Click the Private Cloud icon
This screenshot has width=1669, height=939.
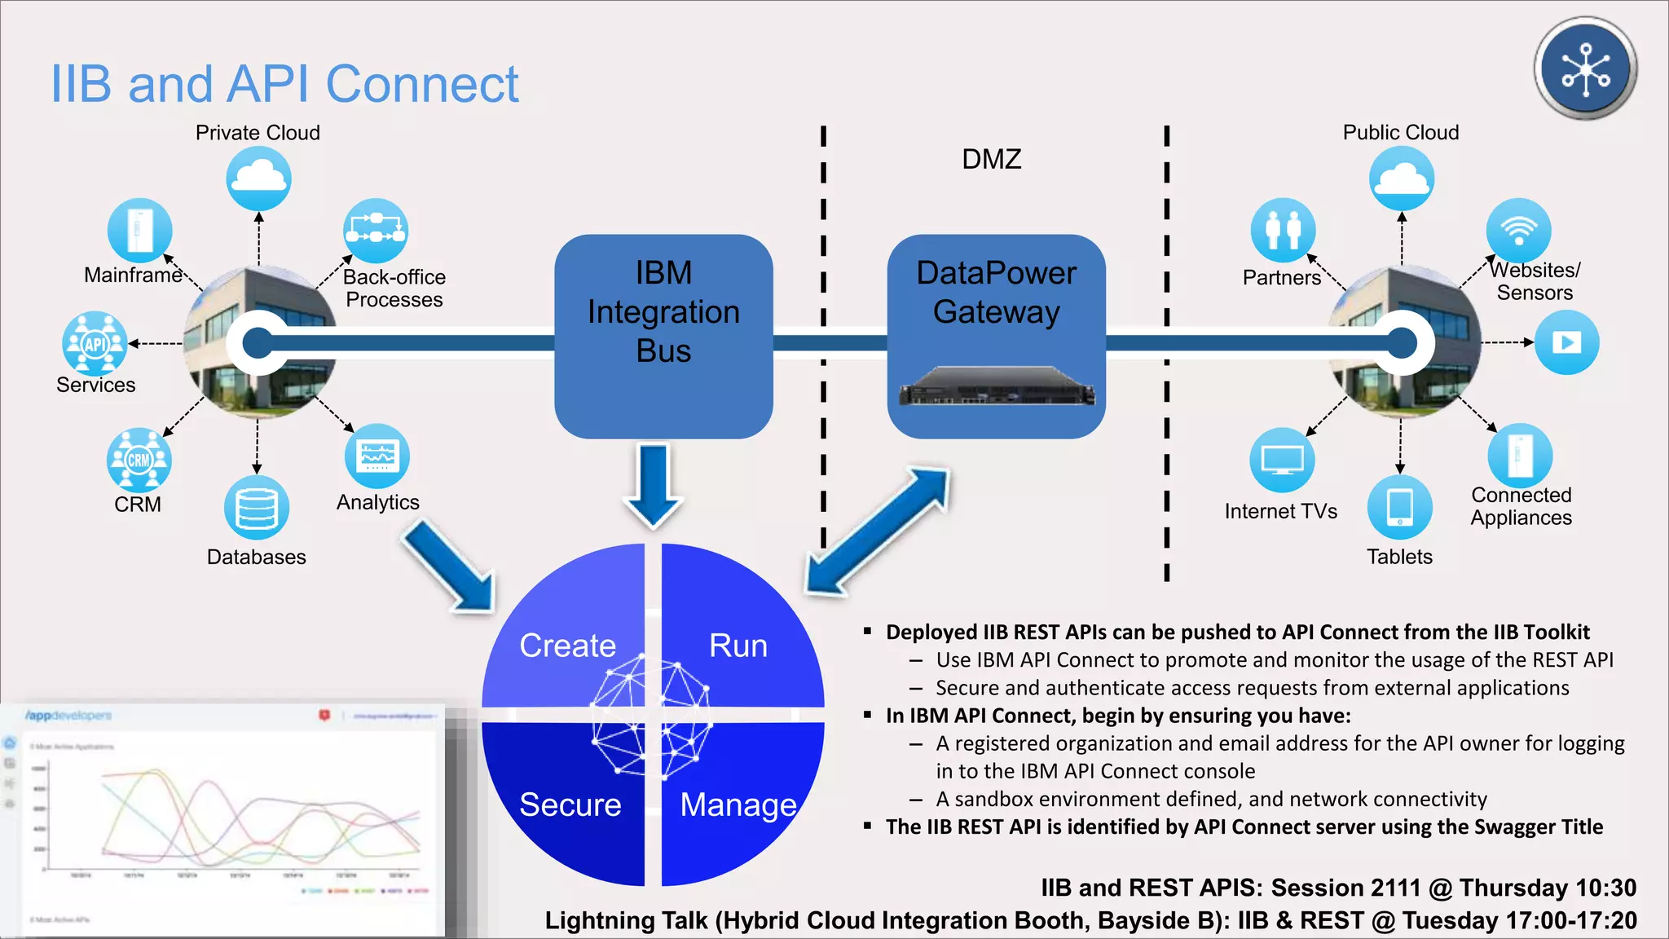click(x=258, y=179)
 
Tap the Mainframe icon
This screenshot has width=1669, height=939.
click(x=139, y=230)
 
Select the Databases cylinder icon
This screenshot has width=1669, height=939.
click(x=257, y=507)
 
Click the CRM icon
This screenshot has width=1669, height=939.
click(x=139, y=460)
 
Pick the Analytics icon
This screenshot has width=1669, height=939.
click(x=377, y=456)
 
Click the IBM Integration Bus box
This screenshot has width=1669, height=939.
click(x=663, y=335)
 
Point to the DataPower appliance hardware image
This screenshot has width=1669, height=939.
click(x=996, y=386)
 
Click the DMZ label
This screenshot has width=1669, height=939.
click(x=991, y=159)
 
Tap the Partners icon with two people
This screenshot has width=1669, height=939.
click(x=1283, y=230)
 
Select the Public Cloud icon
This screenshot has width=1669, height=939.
click(x=1401, y=179)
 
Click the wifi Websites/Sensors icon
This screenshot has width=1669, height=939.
click(x=1518, y=230)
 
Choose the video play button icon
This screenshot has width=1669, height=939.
click(x=1566, y=342)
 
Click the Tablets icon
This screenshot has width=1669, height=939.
click(x=1399, y=507)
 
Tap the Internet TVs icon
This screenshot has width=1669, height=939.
click(x=1282, y=460)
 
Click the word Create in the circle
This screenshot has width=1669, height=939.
click(x=568, y=646)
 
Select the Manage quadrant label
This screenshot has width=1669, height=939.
click(x=738, y=805)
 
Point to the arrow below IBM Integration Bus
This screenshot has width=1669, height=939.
click(x=653, y=486)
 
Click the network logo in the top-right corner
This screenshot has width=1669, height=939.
click(x=1585, y=68)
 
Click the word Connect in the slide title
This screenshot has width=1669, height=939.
click(x=421, y=84)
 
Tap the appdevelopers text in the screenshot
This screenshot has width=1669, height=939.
click(x=68, y=716)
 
